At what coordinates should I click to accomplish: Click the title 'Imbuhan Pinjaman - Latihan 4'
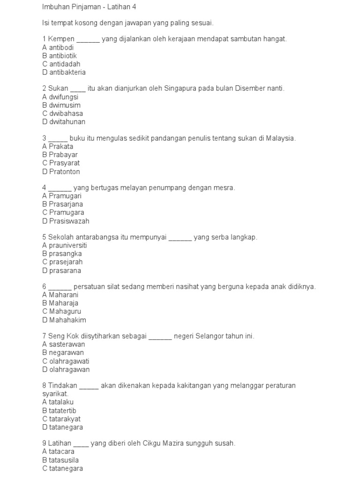click(89, 7)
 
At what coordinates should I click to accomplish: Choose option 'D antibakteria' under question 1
click(64, 72)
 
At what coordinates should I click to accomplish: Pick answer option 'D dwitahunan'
click(64, 122)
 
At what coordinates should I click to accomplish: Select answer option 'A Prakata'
click(58, 146)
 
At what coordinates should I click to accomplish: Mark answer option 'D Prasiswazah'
click(66, 221)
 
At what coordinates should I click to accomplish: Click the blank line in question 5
click(180, 238)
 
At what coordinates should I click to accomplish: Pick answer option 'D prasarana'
click(61, 270)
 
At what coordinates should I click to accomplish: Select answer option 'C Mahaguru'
click(61, 311)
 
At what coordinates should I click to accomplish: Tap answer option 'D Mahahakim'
click(64, 320)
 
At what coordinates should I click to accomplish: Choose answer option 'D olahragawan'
click(66, 369)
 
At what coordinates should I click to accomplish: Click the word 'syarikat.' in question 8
click(55, 394)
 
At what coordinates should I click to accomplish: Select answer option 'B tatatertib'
click(59, 411)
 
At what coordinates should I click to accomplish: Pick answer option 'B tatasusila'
click(60, 460)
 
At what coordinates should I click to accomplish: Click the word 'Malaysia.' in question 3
click(281, 138)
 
